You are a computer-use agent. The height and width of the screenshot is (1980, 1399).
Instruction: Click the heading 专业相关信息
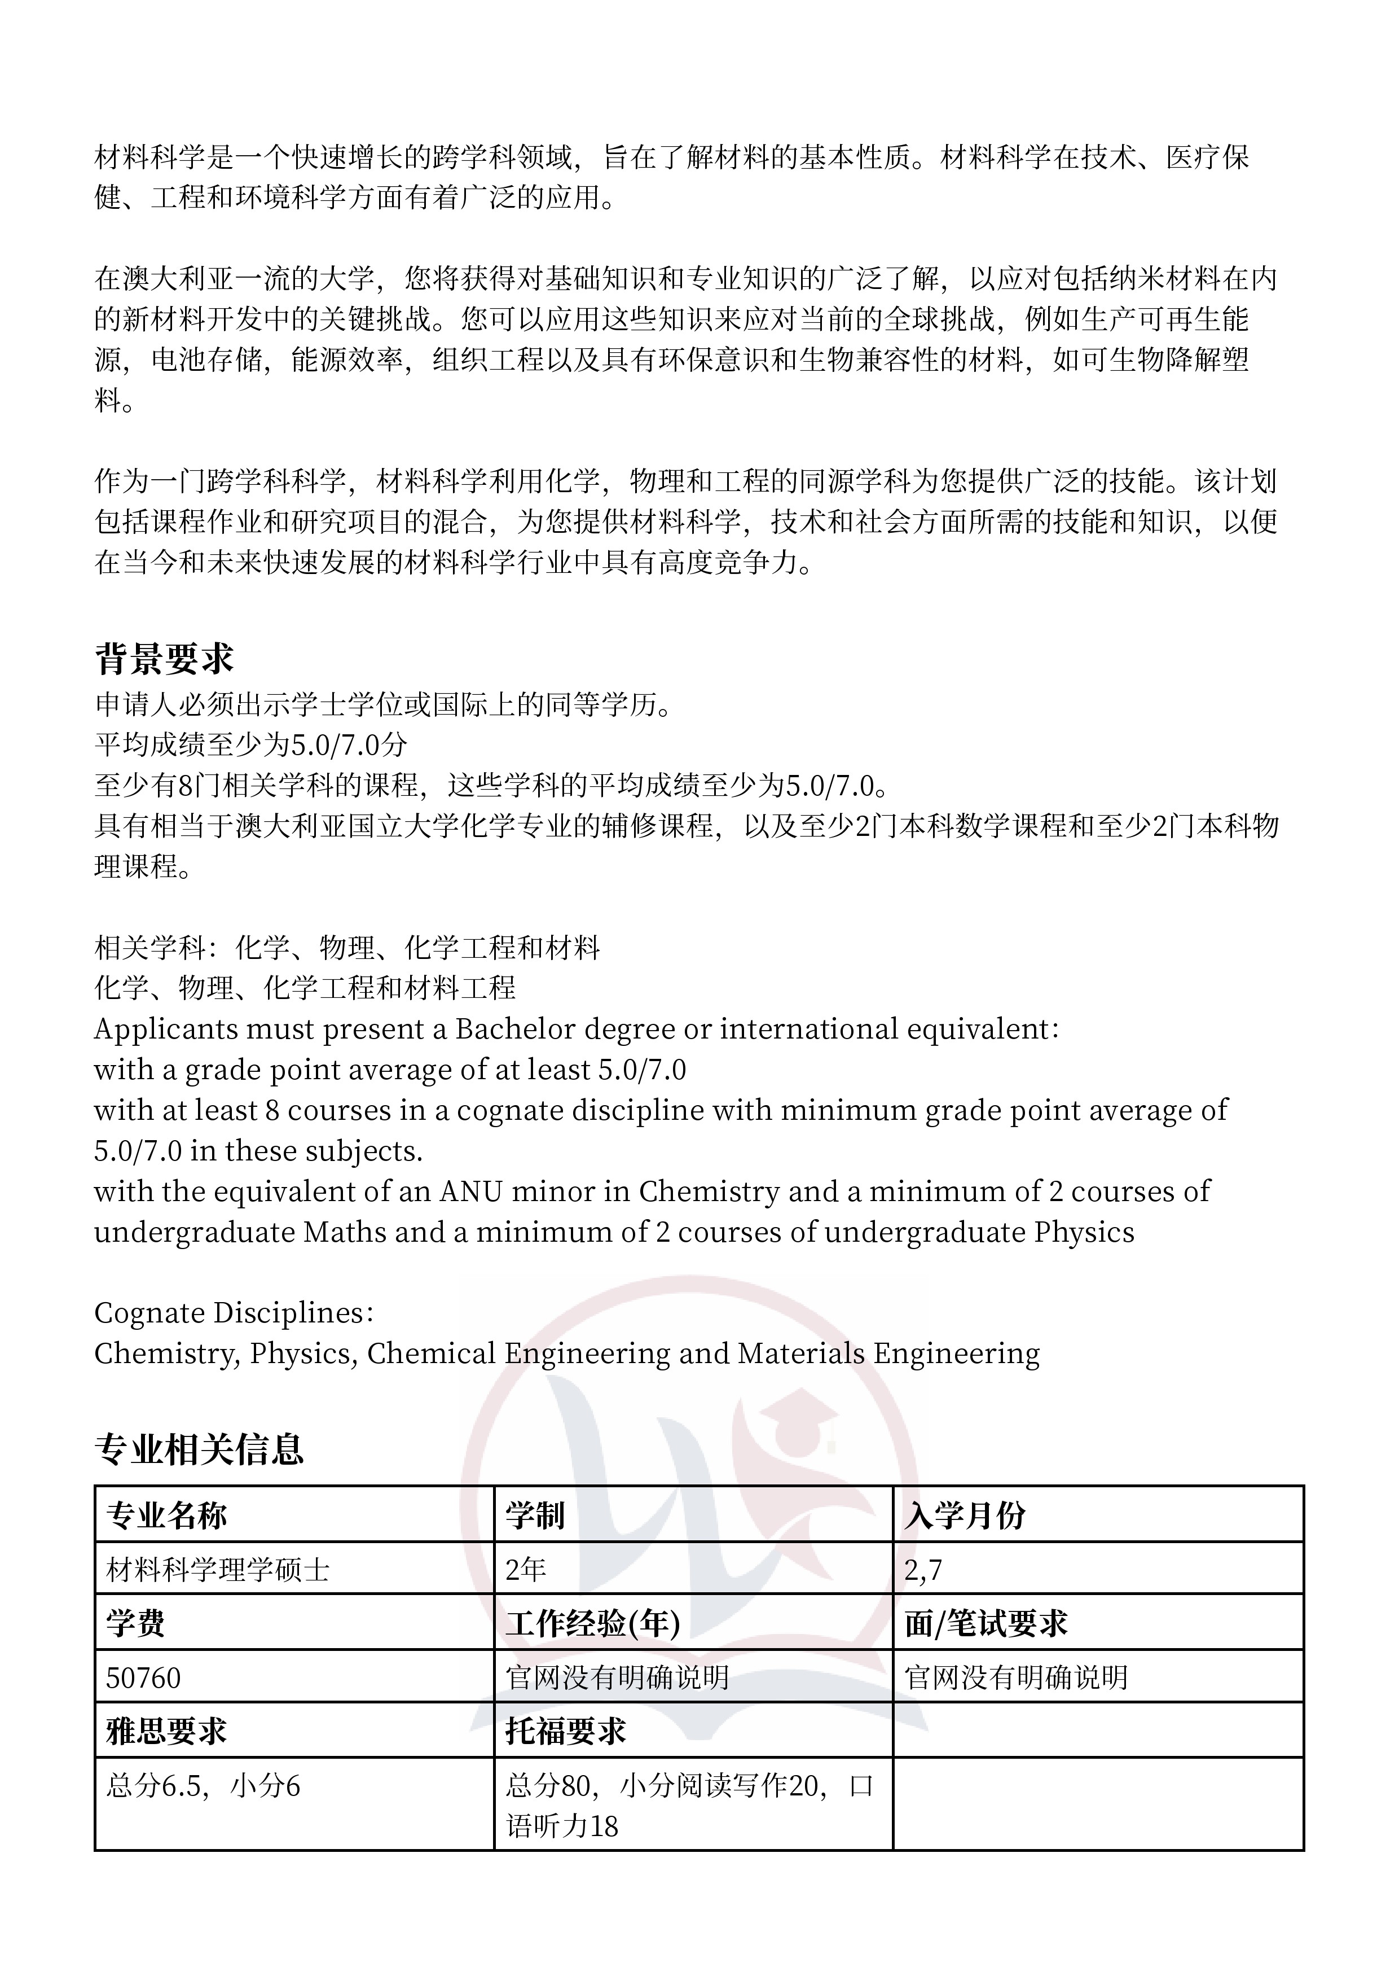(199, 1449)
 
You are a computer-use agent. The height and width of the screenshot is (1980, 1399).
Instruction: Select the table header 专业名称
(166, 1515)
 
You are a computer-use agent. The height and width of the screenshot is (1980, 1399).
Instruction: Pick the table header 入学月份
(965, 1515)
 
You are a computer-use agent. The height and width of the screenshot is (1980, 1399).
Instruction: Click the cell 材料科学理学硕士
(218, 1570)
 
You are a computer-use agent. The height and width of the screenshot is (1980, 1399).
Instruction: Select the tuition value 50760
(144, 1677)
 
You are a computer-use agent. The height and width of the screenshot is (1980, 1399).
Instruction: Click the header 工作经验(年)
(593, 1624)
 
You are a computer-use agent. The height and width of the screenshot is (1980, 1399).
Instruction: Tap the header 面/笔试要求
(986, 1624)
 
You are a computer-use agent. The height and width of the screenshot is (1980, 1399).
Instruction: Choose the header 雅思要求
(166, 1731)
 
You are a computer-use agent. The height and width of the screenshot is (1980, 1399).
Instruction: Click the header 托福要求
(565, 1731)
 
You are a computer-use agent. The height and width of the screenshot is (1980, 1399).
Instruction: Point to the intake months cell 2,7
(923, 1570)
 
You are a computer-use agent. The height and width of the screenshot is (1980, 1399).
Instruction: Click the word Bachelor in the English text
(516, 1029)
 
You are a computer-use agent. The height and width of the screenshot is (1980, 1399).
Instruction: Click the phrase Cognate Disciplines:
(234, 1312)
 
